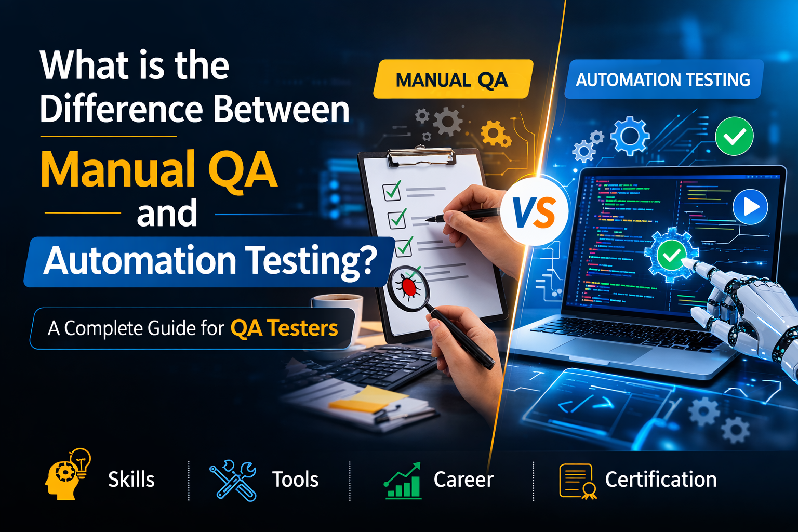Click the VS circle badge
(x=534, y=211)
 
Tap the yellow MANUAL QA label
(x=453, y=79)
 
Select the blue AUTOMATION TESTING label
(x=663, y=79)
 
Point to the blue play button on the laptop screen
(x=750, y=207)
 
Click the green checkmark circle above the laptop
(x=734, y=136)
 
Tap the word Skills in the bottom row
(x=131, y=479)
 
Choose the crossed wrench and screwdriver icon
(x=233, y=480)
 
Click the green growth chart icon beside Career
(x=403, y=481)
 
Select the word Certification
(x=661, y=479)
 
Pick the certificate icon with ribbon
(x=578, y=481)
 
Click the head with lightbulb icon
(x=68, y=474)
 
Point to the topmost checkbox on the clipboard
(x=392, y=191)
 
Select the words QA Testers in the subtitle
(x=284, y=328)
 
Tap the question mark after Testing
(x=365, y=260)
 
